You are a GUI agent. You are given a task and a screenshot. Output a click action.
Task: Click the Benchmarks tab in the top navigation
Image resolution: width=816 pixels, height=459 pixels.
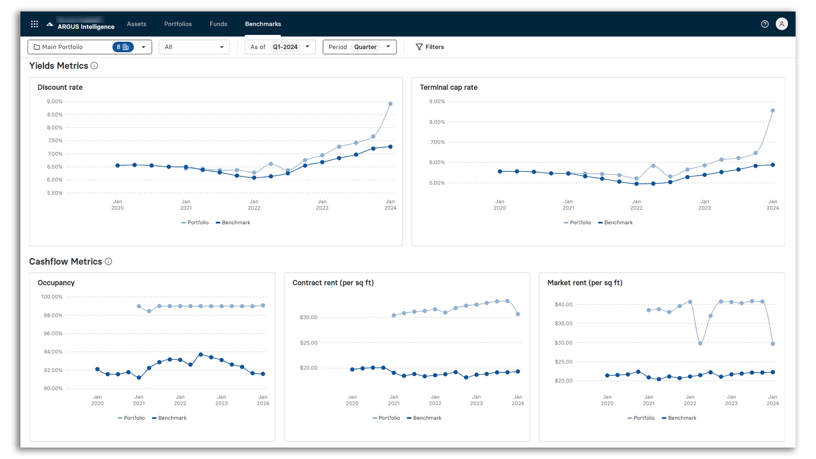coord(263,24)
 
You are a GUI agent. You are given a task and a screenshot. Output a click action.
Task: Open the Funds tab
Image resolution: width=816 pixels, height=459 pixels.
coord(218,24)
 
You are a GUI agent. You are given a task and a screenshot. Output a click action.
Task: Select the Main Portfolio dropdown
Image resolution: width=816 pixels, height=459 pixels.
coord(89,47)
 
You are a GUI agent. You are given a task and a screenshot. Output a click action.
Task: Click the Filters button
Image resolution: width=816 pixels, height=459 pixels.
coord(430,47)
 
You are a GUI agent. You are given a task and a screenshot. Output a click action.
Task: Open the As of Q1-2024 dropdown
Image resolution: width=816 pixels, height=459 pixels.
coord(280,47)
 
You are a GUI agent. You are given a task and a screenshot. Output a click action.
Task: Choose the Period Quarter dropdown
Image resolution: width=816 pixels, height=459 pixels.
coord(359,47)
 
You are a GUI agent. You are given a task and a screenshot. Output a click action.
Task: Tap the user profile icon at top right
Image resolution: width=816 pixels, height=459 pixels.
coord(782,24)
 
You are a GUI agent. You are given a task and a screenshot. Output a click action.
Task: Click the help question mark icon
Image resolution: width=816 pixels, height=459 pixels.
coord(765,24)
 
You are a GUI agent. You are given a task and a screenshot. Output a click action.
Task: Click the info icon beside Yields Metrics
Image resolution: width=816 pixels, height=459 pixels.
coord(94,65)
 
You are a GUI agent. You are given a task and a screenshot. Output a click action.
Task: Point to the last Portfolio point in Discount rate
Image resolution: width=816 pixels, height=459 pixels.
coord(390,104)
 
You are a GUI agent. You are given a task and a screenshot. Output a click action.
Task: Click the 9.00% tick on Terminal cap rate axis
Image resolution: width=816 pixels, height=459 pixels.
coord(437,101)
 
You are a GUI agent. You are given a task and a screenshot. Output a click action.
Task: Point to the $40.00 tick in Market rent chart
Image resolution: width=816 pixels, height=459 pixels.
coord(563,304)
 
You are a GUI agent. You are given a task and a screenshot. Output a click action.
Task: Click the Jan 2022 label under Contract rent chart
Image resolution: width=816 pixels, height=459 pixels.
coord(435,400)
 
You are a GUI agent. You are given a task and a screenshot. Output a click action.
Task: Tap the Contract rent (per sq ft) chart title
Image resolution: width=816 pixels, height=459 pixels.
coord(333,283)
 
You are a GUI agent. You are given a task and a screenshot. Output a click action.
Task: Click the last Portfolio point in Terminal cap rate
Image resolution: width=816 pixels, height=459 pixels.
coord(773,110)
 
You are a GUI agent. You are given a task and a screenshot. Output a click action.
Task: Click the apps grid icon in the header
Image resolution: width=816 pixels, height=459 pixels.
coord(34,24)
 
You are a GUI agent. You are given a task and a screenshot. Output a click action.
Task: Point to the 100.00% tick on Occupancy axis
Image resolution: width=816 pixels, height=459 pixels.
coord(52,297)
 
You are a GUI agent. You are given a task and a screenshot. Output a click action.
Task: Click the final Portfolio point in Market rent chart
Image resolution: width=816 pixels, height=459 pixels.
coord(773,343)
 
